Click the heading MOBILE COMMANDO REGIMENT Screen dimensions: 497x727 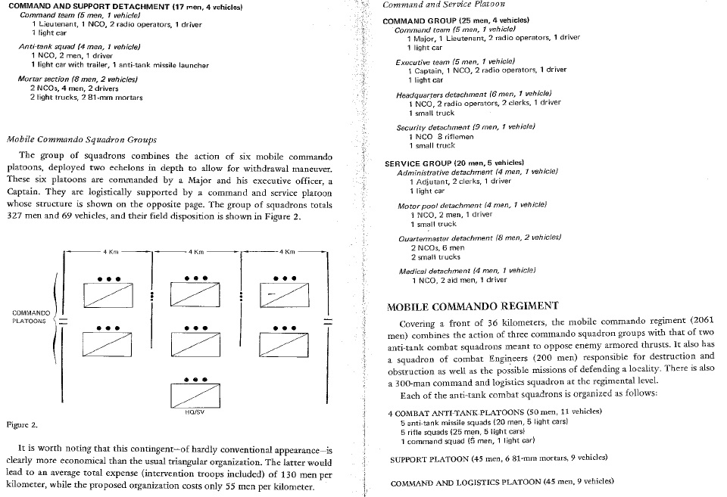pyautogui.click(x=473, y=307)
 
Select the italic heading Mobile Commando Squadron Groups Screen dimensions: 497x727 pyautogui.click(x=81, y=139)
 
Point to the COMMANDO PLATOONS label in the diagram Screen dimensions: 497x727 pyautogui.click(x=32, y=316)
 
